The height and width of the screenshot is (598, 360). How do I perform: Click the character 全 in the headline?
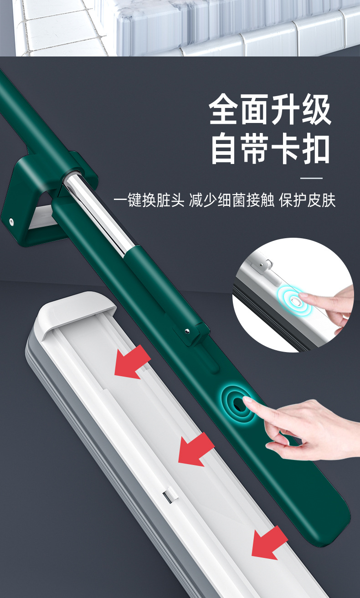coord(223,109)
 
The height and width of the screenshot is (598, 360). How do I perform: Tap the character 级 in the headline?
coord(316,109)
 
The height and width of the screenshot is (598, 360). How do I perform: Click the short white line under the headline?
coord(311,178)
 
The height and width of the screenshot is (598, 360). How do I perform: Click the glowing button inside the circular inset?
coord(295,302)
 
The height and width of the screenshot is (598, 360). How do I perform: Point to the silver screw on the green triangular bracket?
coord(11,221)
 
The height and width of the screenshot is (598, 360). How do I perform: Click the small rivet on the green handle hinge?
coord(187,331)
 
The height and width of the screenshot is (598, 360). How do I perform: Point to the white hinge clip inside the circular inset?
coord(263,264)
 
